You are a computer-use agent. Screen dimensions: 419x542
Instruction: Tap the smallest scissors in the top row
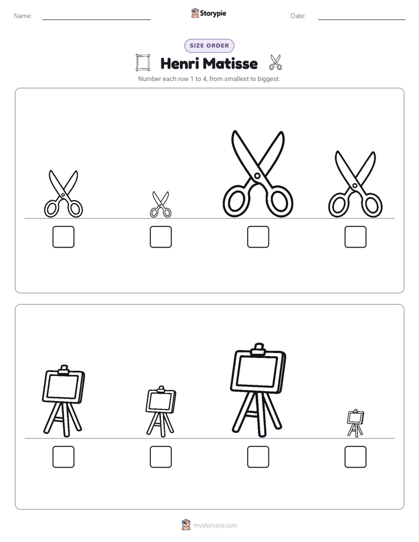(x=160, y=205)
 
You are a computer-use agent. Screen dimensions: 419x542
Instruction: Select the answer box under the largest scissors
(x=258, y=237)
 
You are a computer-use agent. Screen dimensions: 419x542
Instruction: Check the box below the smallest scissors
(x=161, y=237)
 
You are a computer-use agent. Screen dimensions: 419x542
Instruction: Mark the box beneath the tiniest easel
(x=356, y=456)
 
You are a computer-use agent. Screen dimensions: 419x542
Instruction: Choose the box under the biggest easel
(x=258, y=456)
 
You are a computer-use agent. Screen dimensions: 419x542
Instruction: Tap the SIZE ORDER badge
(x=209, y=46)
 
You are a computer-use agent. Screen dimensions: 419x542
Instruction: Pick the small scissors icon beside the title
(x=276, y=62)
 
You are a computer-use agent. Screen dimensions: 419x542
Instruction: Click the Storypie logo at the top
(x=209, y=13)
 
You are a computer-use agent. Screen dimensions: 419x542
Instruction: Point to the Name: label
(x=23, y=16)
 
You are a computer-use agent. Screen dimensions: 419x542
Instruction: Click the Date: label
(x=298, y=16)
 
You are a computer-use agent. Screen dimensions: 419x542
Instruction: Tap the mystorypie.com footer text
(x=215, y=526)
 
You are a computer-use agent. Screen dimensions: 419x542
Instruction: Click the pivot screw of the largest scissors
(x=257, y=175)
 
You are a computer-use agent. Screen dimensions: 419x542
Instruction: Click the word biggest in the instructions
(x=268, y=79)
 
